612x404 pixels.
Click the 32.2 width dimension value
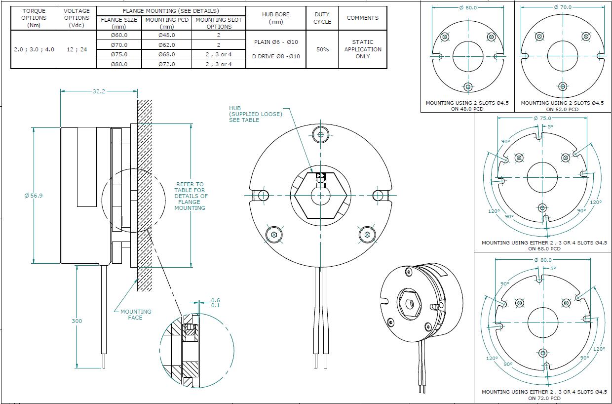point(99,91)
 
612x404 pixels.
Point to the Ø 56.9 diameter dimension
point(34,196)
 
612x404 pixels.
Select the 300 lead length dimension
point(77,321)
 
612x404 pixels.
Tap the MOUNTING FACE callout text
point(136,315)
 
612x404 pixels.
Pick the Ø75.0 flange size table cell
point(119,54)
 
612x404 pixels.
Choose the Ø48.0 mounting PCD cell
point(167,35)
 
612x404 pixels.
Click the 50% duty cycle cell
point(322,49)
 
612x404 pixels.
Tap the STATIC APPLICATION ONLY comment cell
point(363,49)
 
